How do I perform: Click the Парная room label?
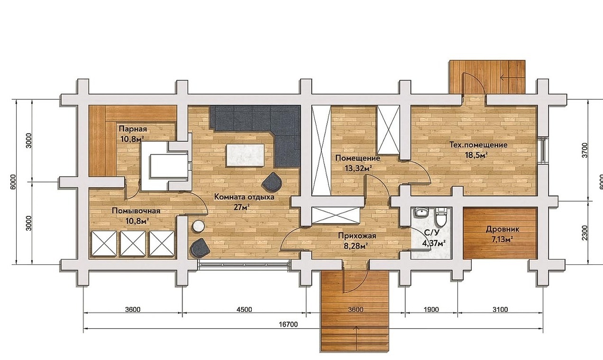click(x=133, y=129)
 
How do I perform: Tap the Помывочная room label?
click(x=136, y=211)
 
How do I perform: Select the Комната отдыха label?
click(x=244, y=197)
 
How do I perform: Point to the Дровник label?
click(x=502, y=230)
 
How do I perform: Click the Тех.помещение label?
click(x=479, y=145)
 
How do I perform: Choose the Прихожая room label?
click(x=357, y=236)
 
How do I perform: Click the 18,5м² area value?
click(x=476, y=155)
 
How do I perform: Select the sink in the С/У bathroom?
click(x=421, y=212)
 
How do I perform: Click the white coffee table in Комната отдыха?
click(x=246, y=155)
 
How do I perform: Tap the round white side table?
click(x=199, y=226)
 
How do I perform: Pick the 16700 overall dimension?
click(x=288, y=324)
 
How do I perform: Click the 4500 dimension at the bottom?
click(x=245, y=310)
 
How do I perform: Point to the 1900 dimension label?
click(x=431, y=310)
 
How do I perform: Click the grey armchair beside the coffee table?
click(x=272, y=181)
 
